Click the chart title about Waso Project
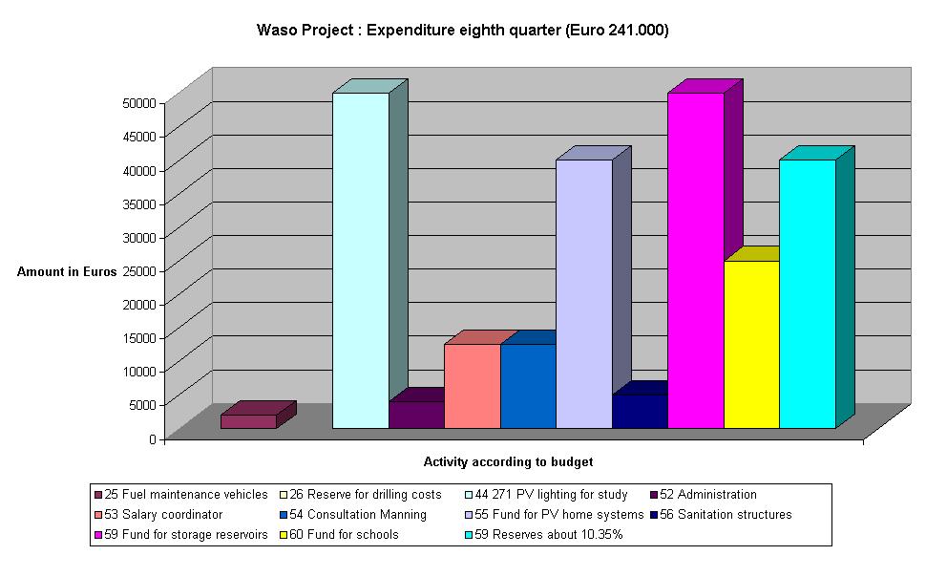point(463,30)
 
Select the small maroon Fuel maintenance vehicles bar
point(248,421)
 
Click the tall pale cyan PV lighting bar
point(360,260)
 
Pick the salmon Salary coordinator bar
point(472,386)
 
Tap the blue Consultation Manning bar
point(528,386)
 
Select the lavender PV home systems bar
point(583,293)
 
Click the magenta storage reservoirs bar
point(695,260)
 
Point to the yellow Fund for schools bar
point(751,344)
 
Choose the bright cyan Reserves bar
point(808,293)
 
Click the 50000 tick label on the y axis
point(137,102)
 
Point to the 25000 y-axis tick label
point(137,270)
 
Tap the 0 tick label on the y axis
point(151,438)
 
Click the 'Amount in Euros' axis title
point(67,272)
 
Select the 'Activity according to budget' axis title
point(508,462)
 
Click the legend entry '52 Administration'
point(707,495)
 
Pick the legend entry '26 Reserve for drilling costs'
point(365,495)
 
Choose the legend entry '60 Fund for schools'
point(344,535)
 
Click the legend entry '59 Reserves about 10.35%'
point(548,535)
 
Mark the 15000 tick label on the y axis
point(137,337)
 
